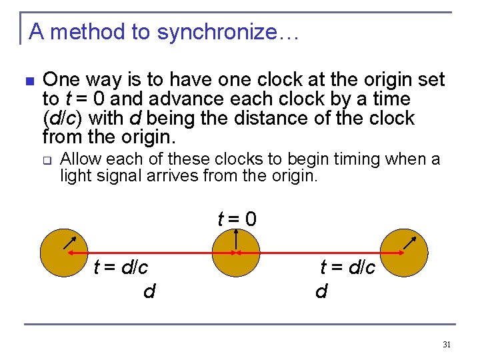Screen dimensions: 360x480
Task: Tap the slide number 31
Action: coord(447,345)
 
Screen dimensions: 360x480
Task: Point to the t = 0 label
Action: coord(237,219)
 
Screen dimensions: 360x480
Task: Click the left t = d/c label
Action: coord(121,268)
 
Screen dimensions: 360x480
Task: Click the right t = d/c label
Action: coord(347,268)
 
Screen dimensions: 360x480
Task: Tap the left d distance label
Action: coord(149,292)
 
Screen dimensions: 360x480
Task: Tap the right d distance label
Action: coord(321,292)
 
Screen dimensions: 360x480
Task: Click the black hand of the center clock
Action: coord(237,238)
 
